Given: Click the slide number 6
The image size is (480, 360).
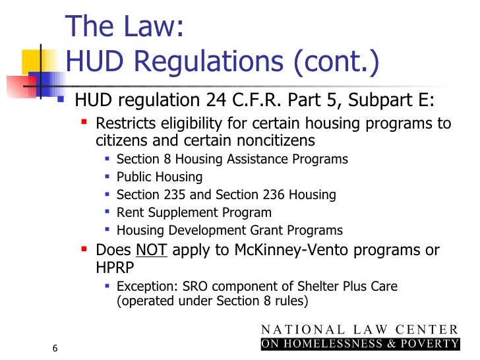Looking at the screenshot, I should (55, 348).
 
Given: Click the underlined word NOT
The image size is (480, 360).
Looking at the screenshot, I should (152, 251).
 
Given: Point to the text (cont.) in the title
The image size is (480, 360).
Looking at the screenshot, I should (337, 63).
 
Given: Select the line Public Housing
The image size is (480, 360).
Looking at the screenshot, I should (160, 177).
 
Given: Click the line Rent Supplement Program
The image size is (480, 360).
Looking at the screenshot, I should (194, 213).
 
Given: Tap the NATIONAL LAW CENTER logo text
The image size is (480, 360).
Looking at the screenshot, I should (359, 330).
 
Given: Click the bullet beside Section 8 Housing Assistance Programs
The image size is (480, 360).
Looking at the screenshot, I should (107, 160).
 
